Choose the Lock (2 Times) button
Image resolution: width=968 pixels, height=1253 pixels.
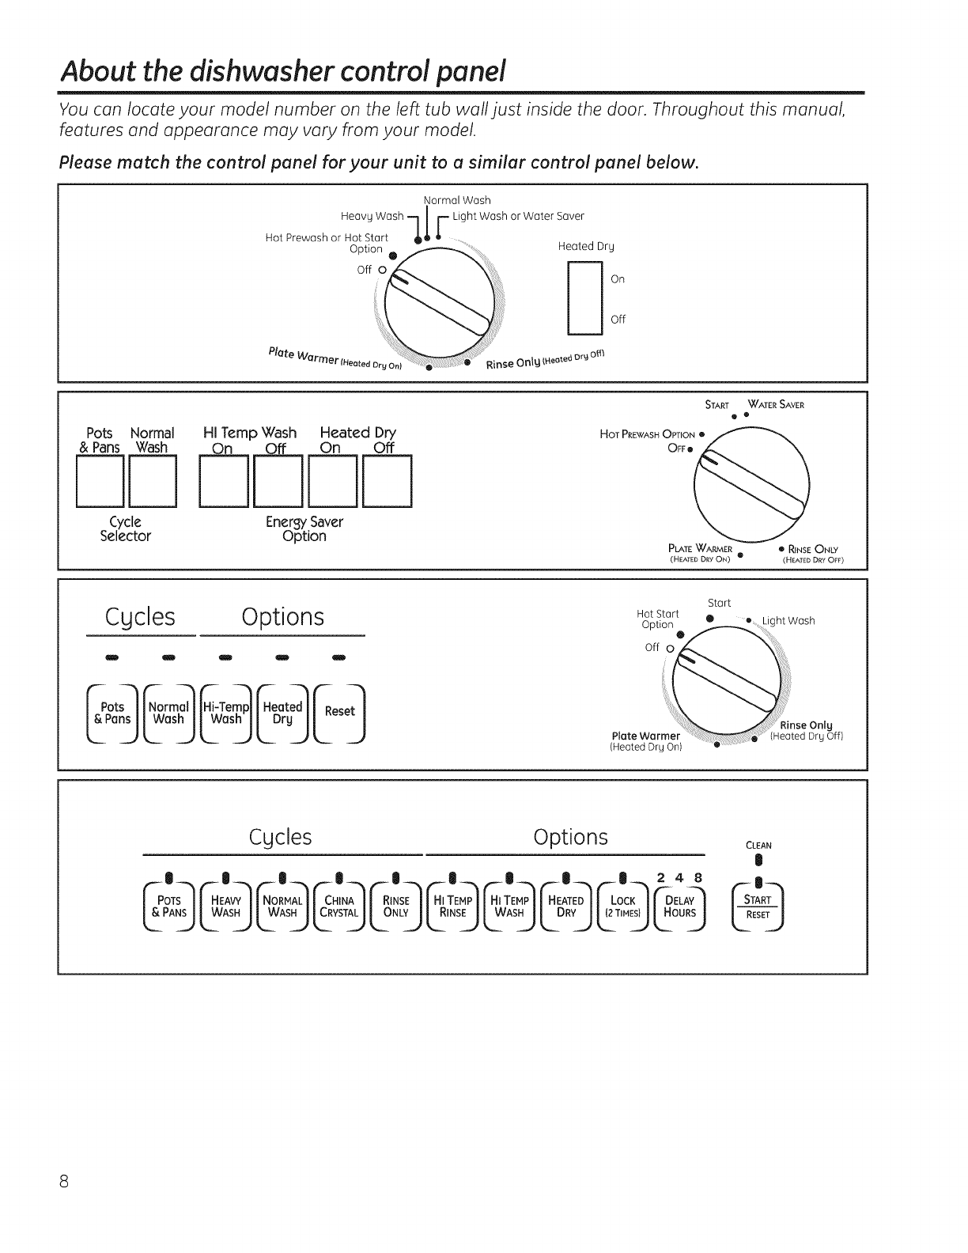pyautogui.click(x=623, y=907)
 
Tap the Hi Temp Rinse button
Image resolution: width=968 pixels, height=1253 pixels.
pyautogui.click(x=453, y=907)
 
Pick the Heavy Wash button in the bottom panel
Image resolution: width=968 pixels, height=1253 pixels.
pyautogui.click(x=225, y=907)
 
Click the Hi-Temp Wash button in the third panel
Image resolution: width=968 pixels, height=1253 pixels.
pyautogui.click(x=226, y=713)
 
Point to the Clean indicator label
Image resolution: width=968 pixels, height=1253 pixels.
pyautogui.click(x=758, y=845)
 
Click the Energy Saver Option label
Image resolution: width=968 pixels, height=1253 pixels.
pyautogui.click(x=304, y=529)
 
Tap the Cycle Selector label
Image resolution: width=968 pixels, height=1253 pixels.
pyautogui.click(x=125, y=529)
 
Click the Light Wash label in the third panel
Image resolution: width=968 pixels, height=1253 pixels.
pyautogui.click(x=788, y=620)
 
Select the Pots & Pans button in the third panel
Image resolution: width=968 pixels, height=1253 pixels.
pyautogui.click(x=112, y=713)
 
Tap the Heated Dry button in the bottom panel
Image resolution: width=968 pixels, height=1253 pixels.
pyautogui.click(x=566, y=907)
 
